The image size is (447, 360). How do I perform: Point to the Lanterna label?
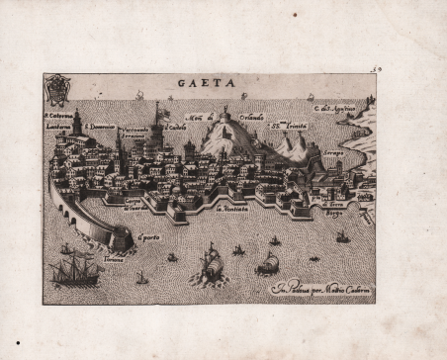[58, 126]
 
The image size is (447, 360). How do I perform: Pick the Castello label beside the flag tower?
[177, 126]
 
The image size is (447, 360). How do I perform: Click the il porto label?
[149, 235]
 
